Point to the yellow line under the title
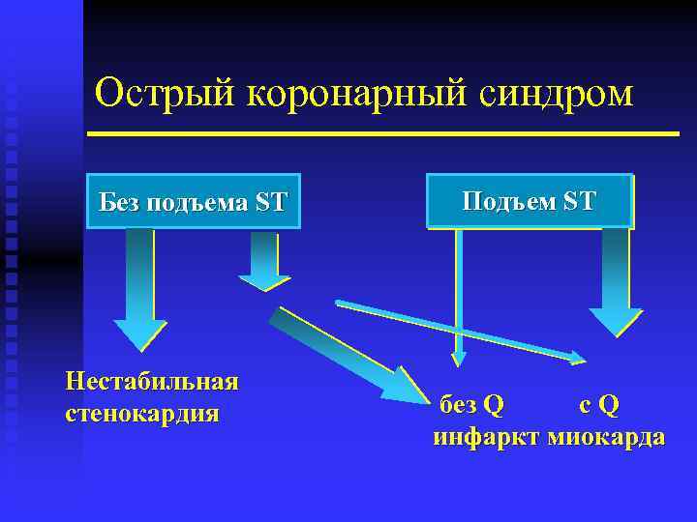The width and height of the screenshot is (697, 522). point(382,133)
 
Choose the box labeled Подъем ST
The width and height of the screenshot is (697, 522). point(530,200)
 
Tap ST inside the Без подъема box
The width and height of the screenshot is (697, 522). point(271,202)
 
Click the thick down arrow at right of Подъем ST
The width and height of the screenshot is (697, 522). point(616,280)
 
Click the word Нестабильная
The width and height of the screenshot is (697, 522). point(152,380)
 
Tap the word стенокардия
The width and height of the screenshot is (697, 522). point(142,414)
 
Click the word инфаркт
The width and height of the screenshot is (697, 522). point(486,436)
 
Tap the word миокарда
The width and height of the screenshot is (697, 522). point(606,436)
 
